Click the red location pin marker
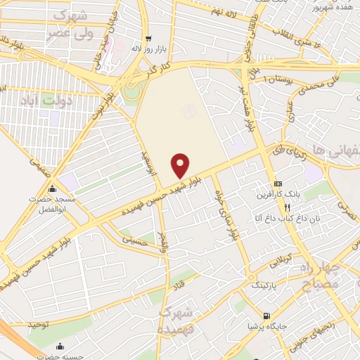[x=181, y=165]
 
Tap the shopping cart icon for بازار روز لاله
[x=147, y=39]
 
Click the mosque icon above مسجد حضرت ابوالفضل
[x=52, y=188]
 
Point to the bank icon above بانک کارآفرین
[x=278, y=182]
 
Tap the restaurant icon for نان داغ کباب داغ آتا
[x=287, y=207]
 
